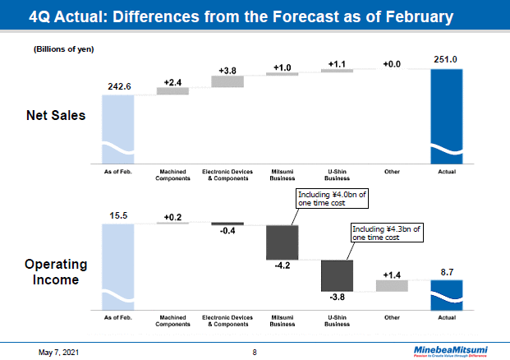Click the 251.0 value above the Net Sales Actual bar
446,58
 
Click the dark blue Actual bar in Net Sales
446,115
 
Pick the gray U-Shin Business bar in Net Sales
337,71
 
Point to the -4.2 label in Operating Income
282,266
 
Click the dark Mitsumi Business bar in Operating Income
282,242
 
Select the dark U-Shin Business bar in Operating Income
337,275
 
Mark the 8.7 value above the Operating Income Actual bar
446,270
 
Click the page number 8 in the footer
255,352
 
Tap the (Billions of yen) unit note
63,49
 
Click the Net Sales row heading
56,116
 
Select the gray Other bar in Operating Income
392,285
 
